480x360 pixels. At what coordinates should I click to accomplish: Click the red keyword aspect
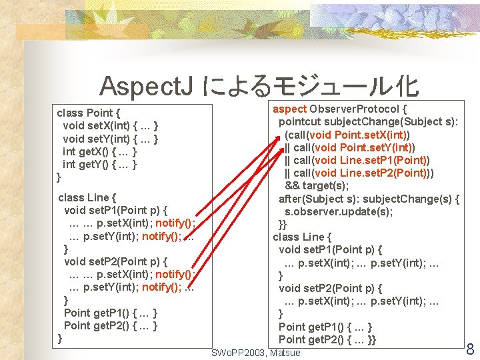point(289,109)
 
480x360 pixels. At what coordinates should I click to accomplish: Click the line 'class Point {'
point(89,113)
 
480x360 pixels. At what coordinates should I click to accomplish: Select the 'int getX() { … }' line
point(100,151)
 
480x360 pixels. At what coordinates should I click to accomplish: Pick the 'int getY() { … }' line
point(100,164)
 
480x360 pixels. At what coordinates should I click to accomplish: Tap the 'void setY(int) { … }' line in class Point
point(110,139)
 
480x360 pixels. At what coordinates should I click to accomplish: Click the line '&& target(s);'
point(317,185)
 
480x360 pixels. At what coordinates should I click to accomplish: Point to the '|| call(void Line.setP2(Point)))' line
point(360,173)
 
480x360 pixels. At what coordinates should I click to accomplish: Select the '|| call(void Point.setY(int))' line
point(350,147)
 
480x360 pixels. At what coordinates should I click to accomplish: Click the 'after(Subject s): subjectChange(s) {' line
point(369,199)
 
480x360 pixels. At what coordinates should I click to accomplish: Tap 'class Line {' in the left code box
point(87,197)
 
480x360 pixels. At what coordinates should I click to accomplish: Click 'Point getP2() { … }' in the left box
point(111,325)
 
